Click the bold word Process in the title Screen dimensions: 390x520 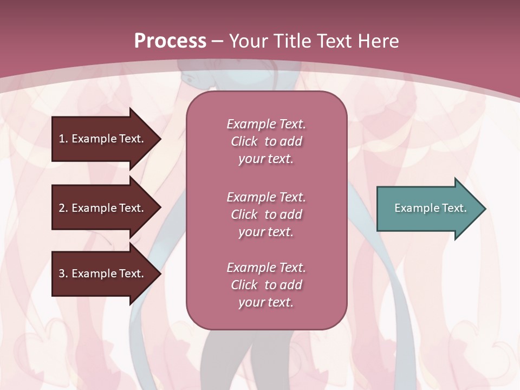click(x=170, y=41)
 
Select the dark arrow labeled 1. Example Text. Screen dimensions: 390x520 click(x=103, y=139)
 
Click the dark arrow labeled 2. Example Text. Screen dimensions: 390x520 click(x=103, y=208)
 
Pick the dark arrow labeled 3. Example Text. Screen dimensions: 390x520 click(x=103, y=274)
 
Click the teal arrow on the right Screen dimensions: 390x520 click(x=428, y=209)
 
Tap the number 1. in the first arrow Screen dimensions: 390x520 click(x=63, y=139)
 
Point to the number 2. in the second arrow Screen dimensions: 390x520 click(x=63, y=208)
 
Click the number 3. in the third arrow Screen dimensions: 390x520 click(x=63, y=274)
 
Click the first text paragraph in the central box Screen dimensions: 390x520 click(x=266, y=141)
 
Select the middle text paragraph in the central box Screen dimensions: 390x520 click(x=266, y=214)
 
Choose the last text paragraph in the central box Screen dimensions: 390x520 click(x=266, y=285)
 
